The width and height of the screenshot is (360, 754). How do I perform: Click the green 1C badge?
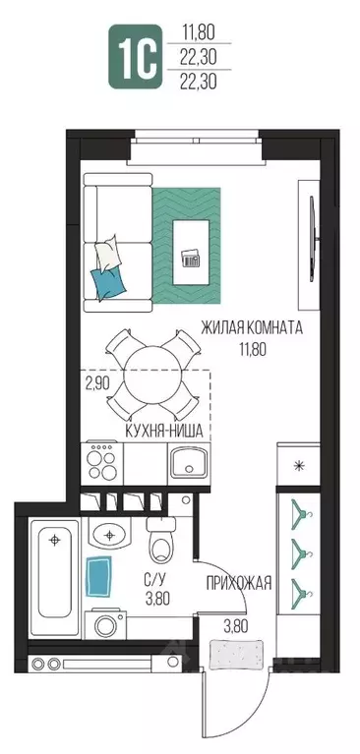point(135,57)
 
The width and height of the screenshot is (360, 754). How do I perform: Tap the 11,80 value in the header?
point(199,33)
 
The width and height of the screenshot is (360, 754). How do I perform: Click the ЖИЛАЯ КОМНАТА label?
point(252,329)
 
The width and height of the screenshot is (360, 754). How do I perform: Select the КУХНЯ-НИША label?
point(164,432)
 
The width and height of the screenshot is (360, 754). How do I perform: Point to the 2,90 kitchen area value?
point(97,383)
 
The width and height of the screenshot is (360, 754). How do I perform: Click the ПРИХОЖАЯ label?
point(239,583)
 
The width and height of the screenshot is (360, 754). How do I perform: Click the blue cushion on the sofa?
point(109,285)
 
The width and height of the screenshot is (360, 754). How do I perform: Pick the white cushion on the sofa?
point(108,255)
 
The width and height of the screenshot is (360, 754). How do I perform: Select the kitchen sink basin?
point(189,463)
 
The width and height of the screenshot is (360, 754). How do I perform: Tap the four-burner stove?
point(102,464)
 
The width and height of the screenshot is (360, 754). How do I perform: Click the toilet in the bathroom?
point(162,541)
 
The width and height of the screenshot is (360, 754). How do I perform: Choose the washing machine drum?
point(105,625)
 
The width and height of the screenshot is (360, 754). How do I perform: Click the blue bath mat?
point(98,576)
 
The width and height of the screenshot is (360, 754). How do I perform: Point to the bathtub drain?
point(55,540)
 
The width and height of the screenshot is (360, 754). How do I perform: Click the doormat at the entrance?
point(236,654)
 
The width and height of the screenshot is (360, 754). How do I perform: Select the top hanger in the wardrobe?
point(300,511)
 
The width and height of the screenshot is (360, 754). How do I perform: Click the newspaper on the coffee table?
point(192,259)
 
